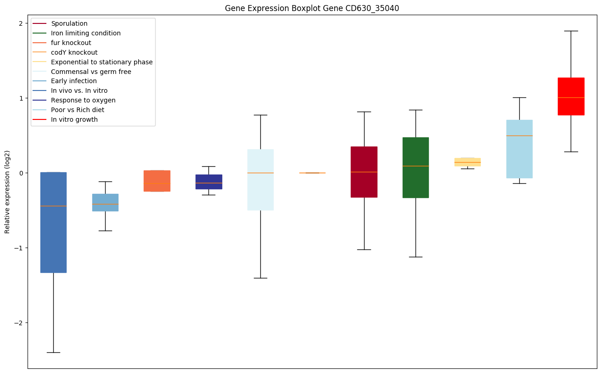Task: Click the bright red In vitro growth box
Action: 571,96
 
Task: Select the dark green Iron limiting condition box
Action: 416,167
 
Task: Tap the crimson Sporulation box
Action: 364,172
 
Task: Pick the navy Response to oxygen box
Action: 208,181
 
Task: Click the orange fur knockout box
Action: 157,181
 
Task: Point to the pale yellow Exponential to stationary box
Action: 467,162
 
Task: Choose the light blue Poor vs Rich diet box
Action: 519,149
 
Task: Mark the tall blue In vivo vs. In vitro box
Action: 53,222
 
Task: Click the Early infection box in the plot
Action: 105,202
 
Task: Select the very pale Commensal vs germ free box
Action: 260,180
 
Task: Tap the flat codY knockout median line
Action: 312,173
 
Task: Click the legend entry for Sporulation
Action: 69,23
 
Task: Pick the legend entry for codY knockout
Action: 74,52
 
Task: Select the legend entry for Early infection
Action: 74,81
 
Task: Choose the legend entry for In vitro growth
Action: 74,120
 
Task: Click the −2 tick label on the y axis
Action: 18,323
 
